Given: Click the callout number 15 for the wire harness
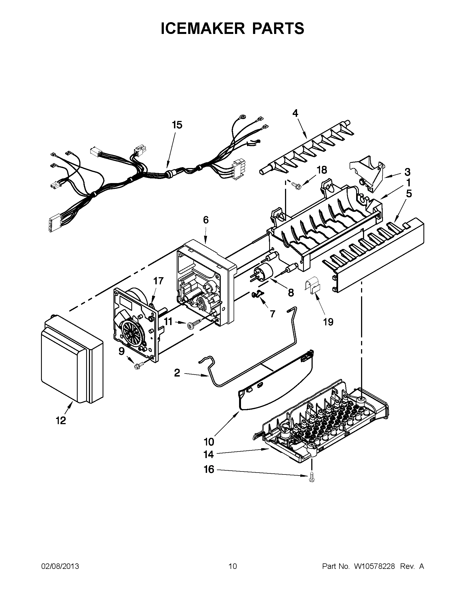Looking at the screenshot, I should pos(177,125).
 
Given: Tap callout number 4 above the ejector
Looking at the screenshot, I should pos(295,113).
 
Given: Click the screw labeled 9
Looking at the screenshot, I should pos(137,366).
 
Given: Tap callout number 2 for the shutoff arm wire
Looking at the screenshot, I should pos(177,373).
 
